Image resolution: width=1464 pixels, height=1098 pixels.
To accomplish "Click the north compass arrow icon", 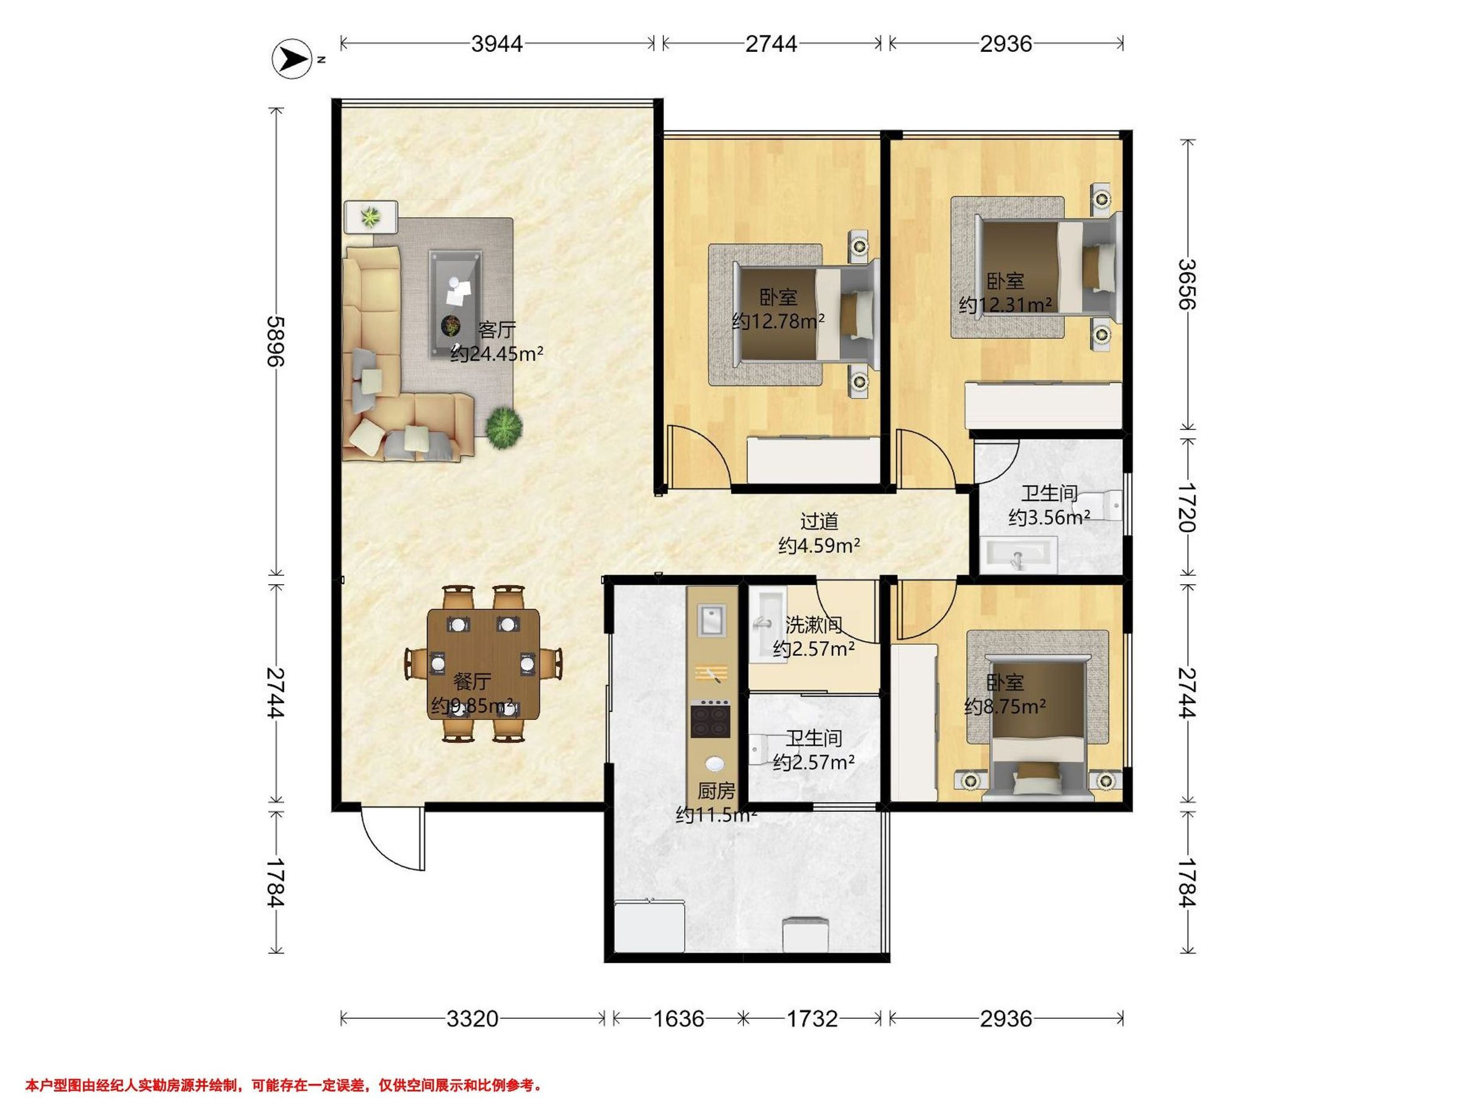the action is tap(292, 60).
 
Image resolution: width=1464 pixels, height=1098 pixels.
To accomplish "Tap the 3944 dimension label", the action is tap(497, 44).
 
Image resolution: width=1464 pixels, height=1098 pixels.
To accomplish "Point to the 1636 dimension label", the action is tap(678, 1019).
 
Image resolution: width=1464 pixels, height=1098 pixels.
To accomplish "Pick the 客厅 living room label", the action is tap(497, 329).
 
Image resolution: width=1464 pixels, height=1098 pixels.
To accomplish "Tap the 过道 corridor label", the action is tap(819, 522).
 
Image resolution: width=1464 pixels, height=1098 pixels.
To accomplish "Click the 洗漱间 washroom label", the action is tap(813, 624).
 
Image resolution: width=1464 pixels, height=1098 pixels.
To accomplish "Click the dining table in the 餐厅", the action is tap(483, 664).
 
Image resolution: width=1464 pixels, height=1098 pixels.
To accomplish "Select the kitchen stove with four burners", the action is tap(711, 719).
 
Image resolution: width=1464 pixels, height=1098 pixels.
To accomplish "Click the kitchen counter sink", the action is tap(711, 621).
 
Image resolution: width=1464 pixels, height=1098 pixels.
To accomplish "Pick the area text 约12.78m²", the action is tap(778, 321).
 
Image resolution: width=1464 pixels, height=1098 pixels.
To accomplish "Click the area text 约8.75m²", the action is tap(1005, 706).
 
